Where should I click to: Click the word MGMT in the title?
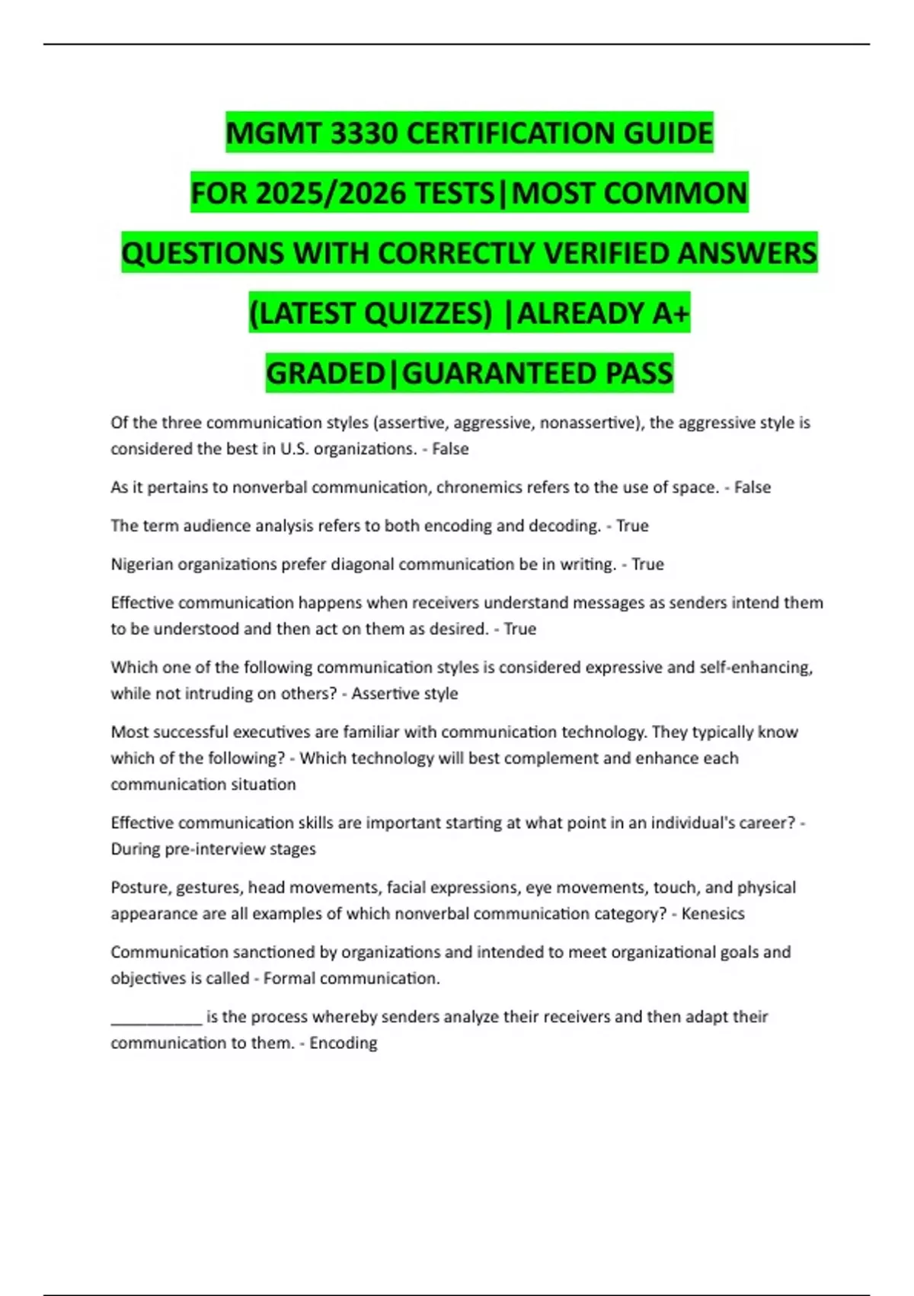275,133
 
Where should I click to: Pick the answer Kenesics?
713,914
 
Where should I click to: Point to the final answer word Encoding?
343,1043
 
